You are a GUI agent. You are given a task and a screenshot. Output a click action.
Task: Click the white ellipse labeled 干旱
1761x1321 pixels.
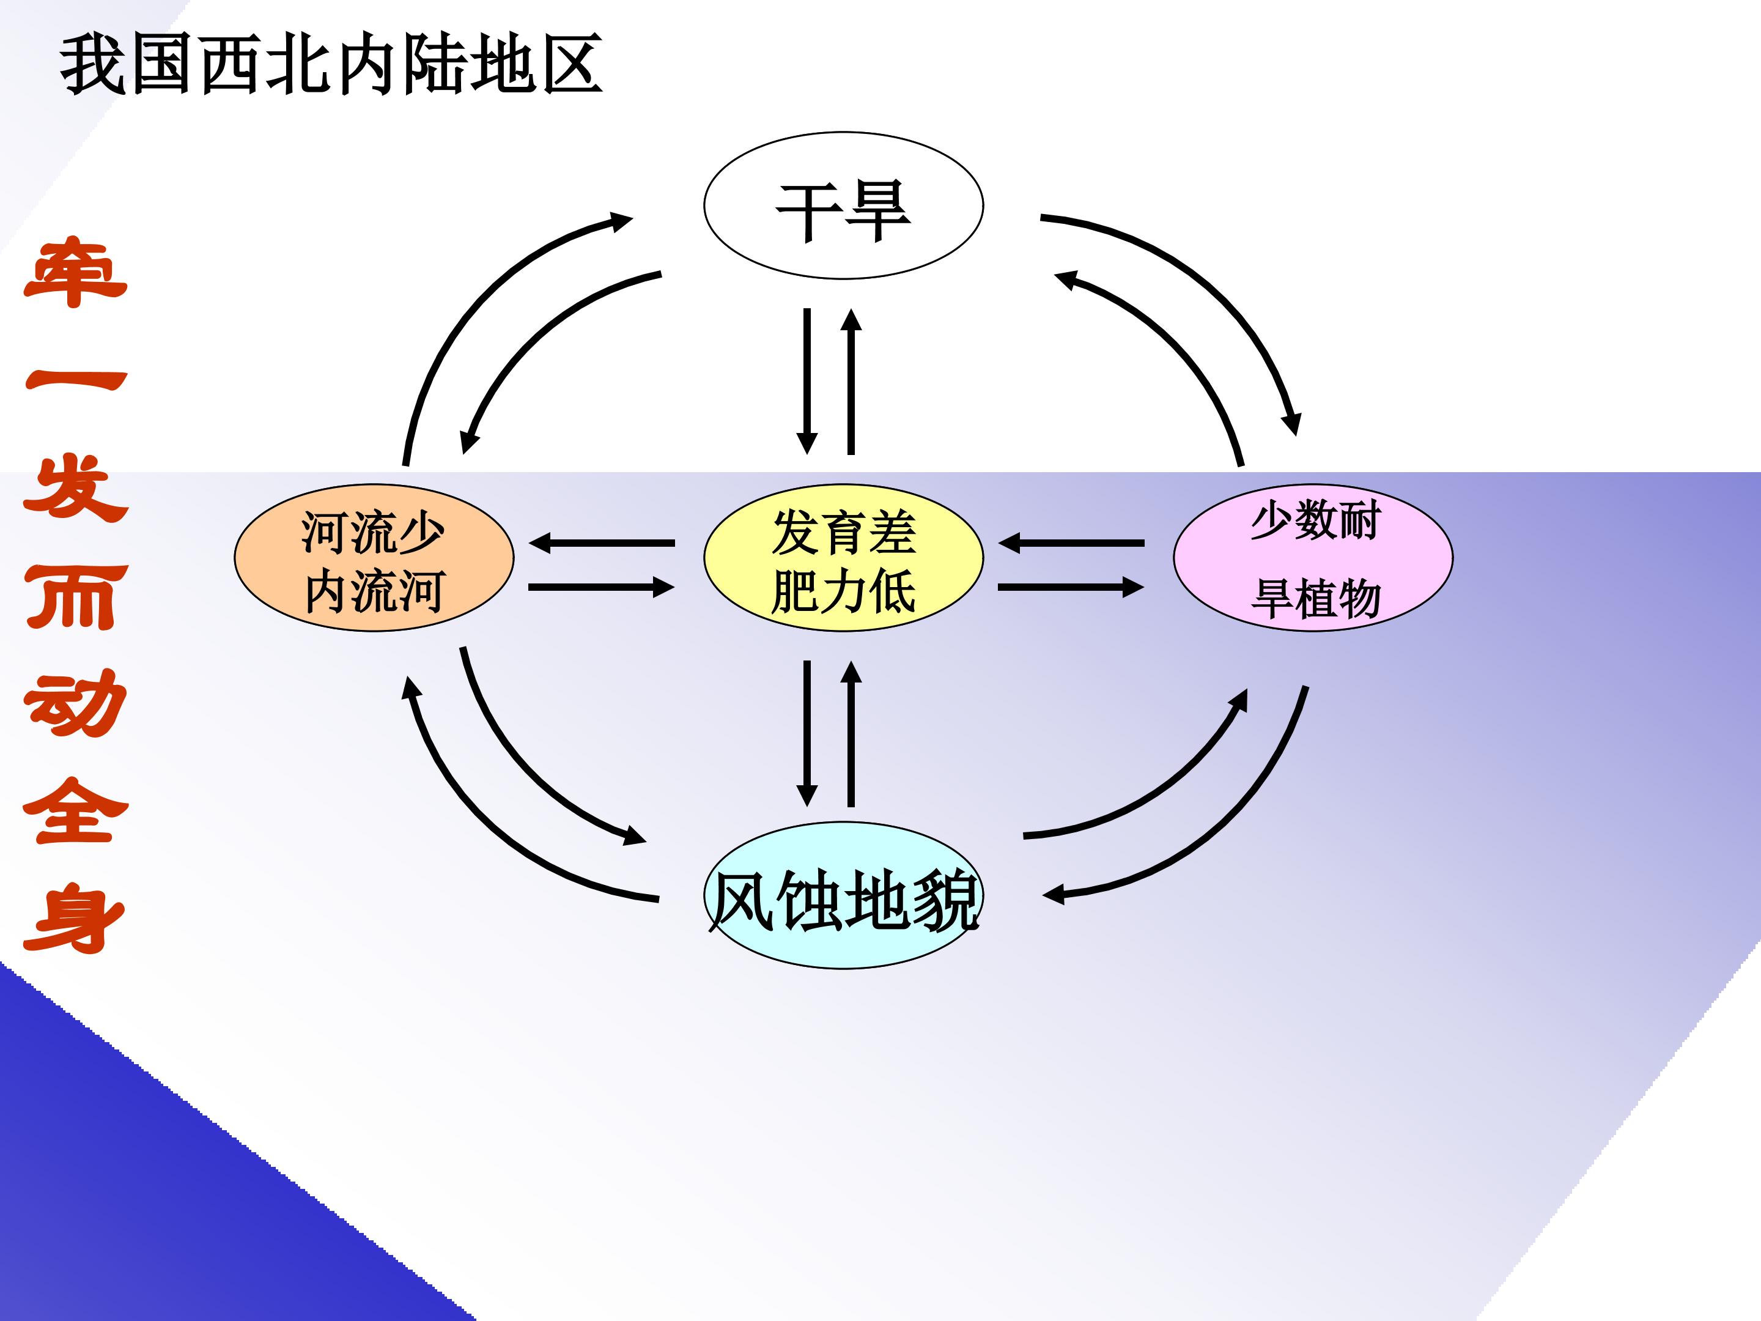click(x=843, y=205)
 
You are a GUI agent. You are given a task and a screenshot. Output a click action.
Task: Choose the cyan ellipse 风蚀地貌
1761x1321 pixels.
click(x=843, y=895)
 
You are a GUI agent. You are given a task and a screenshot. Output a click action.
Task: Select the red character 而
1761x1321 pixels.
click(x=76, y=597)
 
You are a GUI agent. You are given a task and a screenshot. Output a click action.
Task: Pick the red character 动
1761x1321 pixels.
click(x=76, y=703)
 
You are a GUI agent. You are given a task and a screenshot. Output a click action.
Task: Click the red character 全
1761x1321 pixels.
click(x=76, y=810)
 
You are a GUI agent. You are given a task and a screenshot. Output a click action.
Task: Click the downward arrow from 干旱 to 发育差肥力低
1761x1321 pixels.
click(x=807, y=380)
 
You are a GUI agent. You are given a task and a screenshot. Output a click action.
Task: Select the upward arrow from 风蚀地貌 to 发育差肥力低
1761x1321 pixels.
click(x=851, y=733)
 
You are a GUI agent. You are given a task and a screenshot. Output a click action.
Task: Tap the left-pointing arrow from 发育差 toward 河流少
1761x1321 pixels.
click(x=601, y=543)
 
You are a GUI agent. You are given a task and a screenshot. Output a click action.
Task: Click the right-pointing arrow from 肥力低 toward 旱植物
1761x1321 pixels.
click(x=1071, y=588)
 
